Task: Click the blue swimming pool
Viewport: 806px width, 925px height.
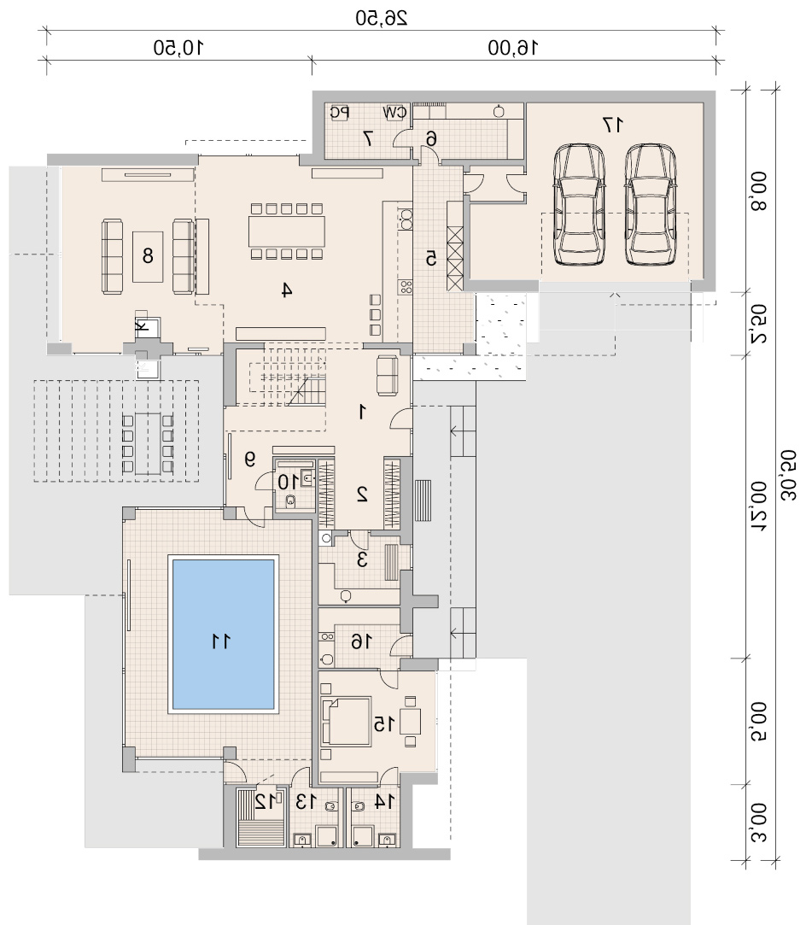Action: point(223,634)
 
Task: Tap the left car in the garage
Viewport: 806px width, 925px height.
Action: point(579,204)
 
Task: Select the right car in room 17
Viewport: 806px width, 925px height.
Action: point(650,204)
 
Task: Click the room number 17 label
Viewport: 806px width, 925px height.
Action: point(613,125)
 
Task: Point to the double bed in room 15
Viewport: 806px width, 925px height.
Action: point(346,721)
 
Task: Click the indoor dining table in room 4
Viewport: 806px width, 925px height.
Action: point(287,231)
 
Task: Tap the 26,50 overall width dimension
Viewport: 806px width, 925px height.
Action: point(381,18)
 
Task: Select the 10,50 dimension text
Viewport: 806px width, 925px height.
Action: point(178,47)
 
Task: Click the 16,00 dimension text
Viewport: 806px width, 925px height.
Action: point(513,47)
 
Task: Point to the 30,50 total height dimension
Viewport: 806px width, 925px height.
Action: point(788,475)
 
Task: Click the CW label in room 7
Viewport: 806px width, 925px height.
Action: point(394,112)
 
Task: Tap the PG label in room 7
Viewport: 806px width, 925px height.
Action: point(340,112)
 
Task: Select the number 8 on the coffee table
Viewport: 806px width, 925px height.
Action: point(148,255)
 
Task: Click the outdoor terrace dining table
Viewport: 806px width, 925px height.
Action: point(148,444)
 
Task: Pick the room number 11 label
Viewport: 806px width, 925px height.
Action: point(221,641)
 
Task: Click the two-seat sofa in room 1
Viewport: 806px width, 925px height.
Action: point(388,376)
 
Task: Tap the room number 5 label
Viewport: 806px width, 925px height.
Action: point(431,258)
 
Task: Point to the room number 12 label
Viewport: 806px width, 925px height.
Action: point(266,801)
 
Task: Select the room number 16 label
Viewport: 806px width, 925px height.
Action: point(361,641)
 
